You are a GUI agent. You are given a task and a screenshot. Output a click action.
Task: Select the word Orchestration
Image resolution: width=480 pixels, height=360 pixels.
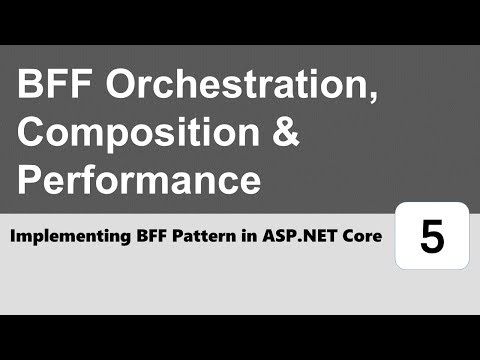[x=238, y=87]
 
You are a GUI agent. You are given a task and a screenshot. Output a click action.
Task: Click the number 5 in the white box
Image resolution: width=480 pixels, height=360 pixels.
[x=432, y=237]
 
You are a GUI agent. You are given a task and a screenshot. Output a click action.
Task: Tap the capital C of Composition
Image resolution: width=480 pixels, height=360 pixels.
[x=34, y=134]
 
